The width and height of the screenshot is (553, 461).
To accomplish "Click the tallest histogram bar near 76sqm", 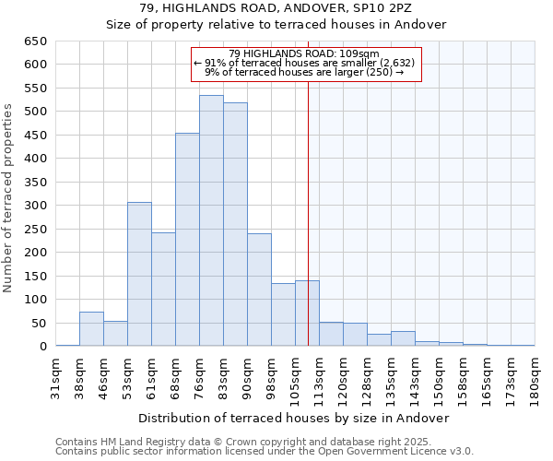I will point(211,221).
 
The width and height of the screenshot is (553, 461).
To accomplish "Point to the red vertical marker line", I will point(308,212).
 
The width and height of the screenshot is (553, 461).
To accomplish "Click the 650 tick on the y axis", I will point(36,41).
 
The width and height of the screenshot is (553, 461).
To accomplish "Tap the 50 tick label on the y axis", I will point(40,324).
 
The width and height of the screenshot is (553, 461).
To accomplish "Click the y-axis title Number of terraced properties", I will point(9,198).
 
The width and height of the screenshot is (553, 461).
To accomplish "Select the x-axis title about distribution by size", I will point(295,418).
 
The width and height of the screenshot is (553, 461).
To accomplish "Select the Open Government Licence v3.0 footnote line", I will point(265,452).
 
